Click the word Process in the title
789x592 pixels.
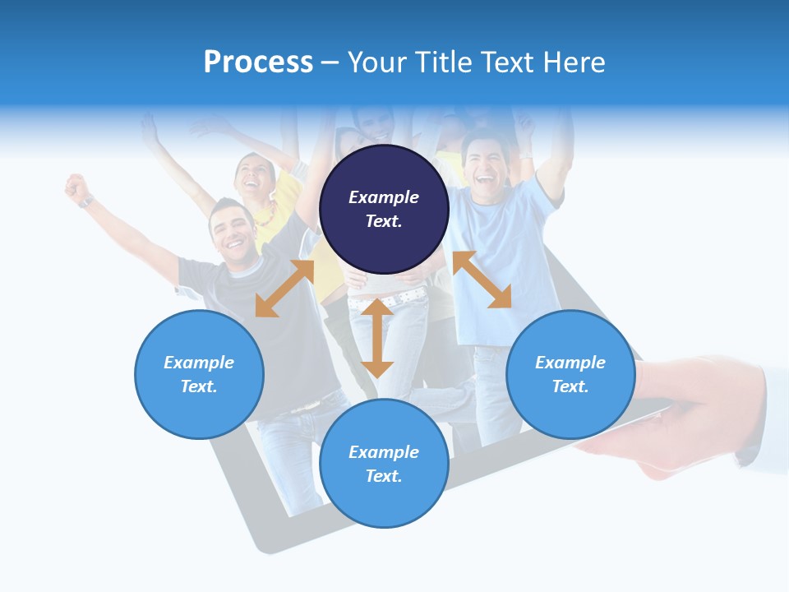pos(258,62)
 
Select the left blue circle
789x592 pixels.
pos(199,374)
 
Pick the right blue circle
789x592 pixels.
pos(570,374)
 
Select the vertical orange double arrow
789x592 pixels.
pos(377,338)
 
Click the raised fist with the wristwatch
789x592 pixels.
pos(77,188)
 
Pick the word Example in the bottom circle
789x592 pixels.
pos(384,452)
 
